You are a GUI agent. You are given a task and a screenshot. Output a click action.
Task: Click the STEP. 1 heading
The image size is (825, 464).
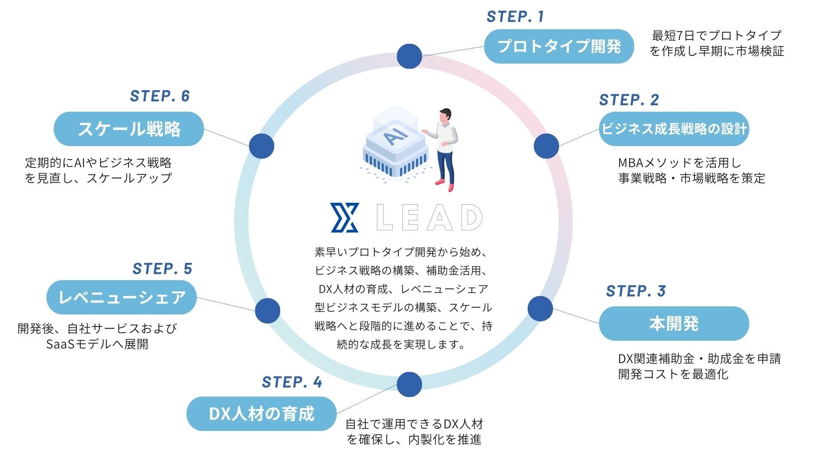click(515, 17)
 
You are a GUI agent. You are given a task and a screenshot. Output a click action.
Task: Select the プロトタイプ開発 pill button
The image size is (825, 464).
click(559, 46)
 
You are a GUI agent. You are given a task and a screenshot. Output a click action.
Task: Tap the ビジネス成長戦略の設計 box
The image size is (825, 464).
click(674, 129)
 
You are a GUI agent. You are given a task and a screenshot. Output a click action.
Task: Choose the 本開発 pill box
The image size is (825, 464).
click(674, 324)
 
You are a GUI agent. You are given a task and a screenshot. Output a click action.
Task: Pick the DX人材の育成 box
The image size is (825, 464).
click(261, 414)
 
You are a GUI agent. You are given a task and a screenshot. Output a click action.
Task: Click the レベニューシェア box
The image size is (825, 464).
click(122, 297)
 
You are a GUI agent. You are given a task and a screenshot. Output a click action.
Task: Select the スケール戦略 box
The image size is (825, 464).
click(128, 129)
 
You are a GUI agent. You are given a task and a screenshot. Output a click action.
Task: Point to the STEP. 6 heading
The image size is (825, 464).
click(160, 96)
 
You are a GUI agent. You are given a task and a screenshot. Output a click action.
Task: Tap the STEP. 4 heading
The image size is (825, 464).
click(292, 382)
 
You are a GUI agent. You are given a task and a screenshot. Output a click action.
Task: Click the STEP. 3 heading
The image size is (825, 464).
click(636, 291)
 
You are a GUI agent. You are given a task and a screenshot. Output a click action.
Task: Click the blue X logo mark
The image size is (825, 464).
click(345, 218)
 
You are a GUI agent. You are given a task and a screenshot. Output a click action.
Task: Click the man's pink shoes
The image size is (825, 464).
click(445, 185)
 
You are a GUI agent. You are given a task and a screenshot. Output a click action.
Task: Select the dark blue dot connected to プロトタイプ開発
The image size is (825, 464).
click(409, 56)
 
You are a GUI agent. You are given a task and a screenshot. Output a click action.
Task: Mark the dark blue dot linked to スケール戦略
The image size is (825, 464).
click(261, 146)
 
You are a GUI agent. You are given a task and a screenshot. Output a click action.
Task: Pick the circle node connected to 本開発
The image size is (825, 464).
click(540, 308)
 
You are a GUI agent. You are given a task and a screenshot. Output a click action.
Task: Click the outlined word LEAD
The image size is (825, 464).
click(429, 218)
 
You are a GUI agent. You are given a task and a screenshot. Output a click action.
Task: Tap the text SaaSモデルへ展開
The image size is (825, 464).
click(97, 344)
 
